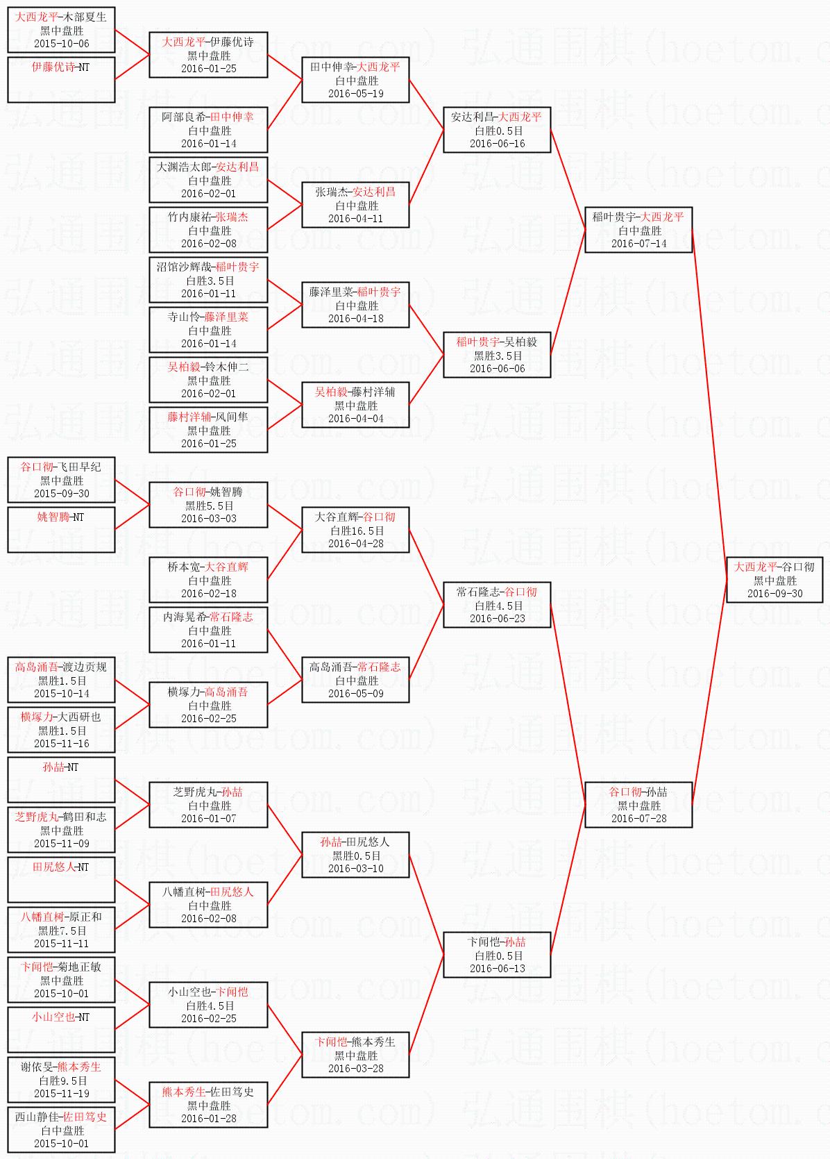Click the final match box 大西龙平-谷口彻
774,579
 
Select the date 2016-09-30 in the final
774,594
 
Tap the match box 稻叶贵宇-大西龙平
638,230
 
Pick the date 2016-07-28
638,819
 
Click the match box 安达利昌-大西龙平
497,130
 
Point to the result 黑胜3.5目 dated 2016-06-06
497,356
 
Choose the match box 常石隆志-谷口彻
497,605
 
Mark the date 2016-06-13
497,969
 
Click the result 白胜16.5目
356,531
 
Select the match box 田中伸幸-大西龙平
355,80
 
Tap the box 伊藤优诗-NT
61,80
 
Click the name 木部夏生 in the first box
85,17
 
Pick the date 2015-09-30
61,494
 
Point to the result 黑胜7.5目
62,931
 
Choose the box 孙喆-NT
61,780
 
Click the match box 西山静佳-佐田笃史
61,1130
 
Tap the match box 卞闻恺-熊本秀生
355,1055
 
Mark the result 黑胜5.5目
209,506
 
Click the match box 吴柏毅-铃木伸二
208,380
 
